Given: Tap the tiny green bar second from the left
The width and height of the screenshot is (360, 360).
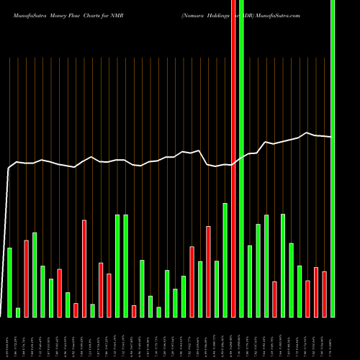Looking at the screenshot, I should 18,312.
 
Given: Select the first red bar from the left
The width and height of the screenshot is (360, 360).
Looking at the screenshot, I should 27,278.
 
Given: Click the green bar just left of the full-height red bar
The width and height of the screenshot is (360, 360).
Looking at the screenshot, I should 225,259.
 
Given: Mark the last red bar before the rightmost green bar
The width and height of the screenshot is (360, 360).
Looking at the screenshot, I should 324,294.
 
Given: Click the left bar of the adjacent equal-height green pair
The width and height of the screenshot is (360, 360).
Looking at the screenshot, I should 117,266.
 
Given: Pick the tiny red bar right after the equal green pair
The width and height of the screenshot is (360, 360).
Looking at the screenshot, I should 134,311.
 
